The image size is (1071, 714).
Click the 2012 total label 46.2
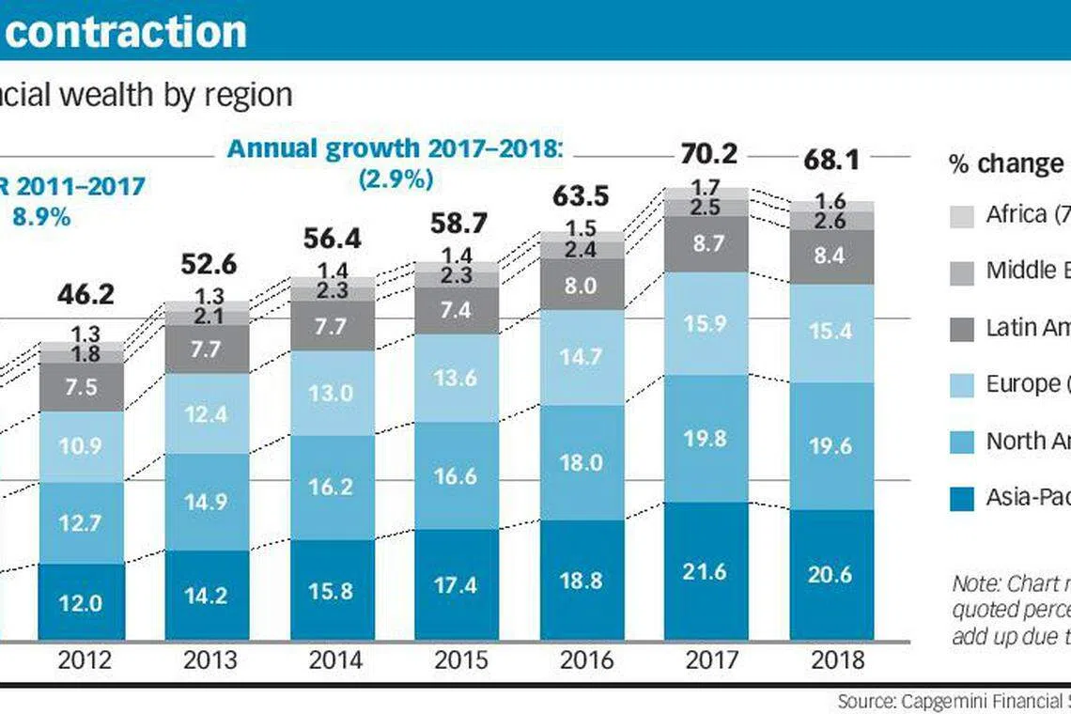click(x=85, y=295)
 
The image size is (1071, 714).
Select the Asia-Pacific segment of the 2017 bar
click(x=706, y=571)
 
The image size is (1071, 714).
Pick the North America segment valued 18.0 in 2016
click(x=581, y=461)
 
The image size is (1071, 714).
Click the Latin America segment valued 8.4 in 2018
click(x=830, y=256)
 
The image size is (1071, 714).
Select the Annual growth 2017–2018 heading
click(x=396, y=148)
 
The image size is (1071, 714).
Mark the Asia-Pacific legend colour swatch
click(x=962, y=498)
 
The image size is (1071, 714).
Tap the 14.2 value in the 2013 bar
click(x=207, y=595)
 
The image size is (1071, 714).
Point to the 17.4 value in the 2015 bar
click(x=456, y=584)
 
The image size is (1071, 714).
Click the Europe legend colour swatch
click(x=962, y=385)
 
